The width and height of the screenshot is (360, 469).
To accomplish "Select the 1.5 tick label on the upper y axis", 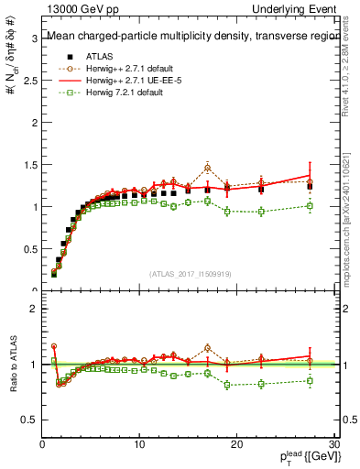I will [31, 165].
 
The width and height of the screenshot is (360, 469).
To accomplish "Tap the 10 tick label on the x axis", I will [139, 445].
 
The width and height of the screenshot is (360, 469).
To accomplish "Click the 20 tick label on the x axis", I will [236, 445].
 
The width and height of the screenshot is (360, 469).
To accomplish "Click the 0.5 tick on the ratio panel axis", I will [31, 419].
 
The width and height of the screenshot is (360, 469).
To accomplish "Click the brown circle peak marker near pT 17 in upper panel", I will [208, 167].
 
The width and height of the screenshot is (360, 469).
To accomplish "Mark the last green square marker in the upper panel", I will [310, 206].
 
